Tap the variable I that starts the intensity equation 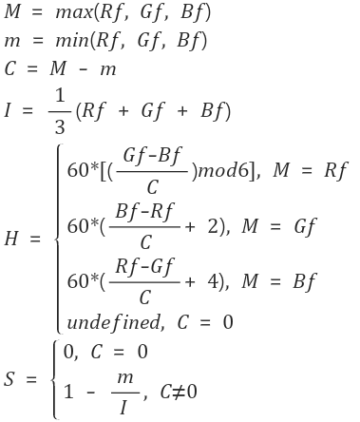pos(9,110)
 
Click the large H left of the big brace pos(10,240)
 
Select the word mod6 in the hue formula pos(218,171)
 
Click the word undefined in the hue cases pos(107,322)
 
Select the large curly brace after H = pos(58,240)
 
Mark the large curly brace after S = pos(56,378)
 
